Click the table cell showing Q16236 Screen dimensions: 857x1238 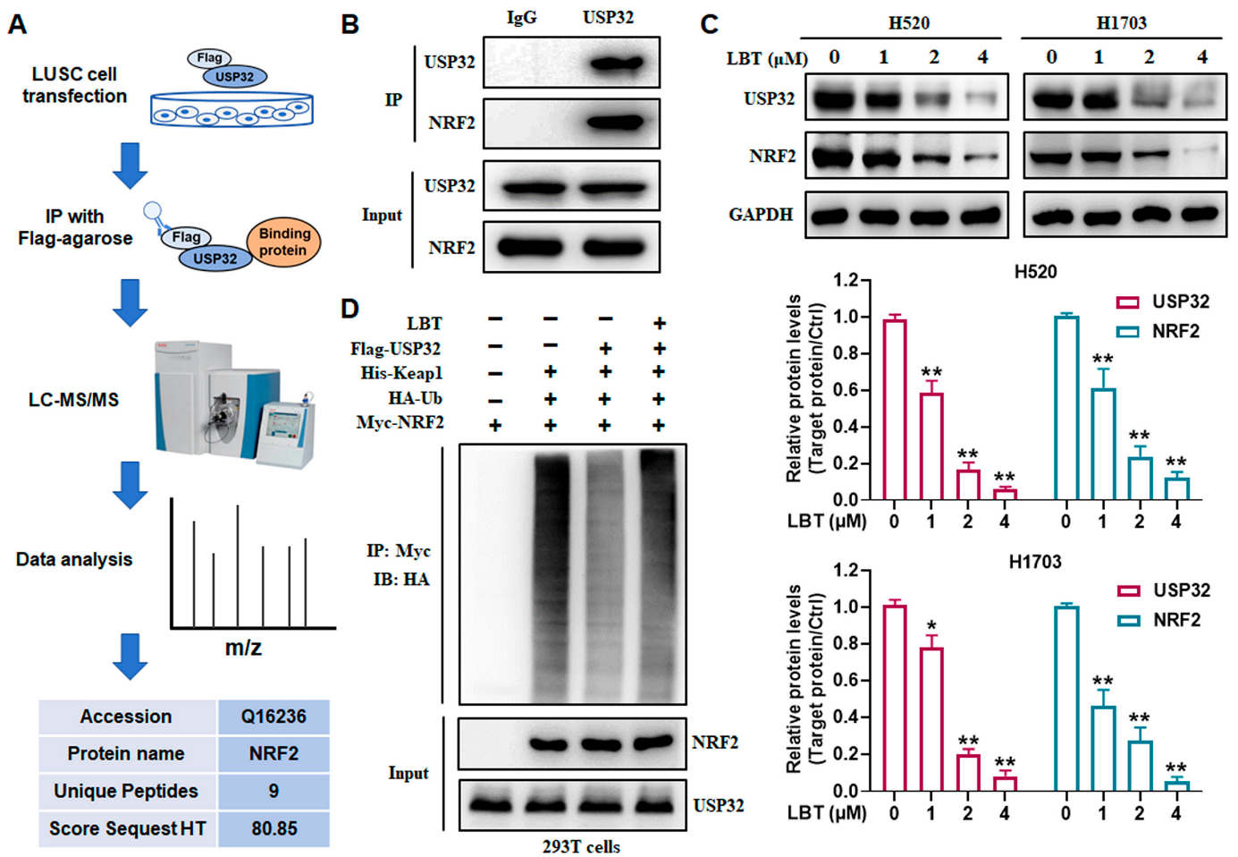pos(274,717)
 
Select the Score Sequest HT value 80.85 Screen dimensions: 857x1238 pos(274,828)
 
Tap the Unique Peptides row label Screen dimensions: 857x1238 pos(126,791)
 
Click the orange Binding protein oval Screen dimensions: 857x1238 pos(283,242)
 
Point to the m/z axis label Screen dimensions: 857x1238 pos(243,647)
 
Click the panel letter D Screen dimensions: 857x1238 pos(350,309)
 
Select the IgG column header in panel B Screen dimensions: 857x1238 pos(521,18)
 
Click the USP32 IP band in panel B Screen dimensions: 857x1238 pos(616,63)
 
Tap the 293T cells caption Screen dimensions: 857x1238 pos(581,846)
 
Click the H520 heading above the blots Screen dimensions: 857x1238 pos(909,23)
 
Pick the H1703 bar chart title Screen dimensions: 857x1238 pos(1035,562)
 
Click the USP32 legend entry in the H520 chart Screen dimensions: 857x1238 pos(1163,301)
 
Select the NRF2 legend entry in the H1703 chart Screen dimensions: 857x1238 pos(1163,620)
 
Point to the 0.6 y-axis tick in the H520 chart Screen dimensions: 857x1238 pos(846,390)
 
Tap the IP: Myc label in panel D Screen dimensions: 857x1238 pos(399,550)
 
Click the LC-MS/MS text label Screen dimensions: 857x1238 pos(73,400)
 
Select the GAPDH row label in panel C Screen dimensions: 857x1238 pos(761,215)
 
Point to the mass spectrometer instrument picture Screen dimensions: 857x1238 pos(234,403)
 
